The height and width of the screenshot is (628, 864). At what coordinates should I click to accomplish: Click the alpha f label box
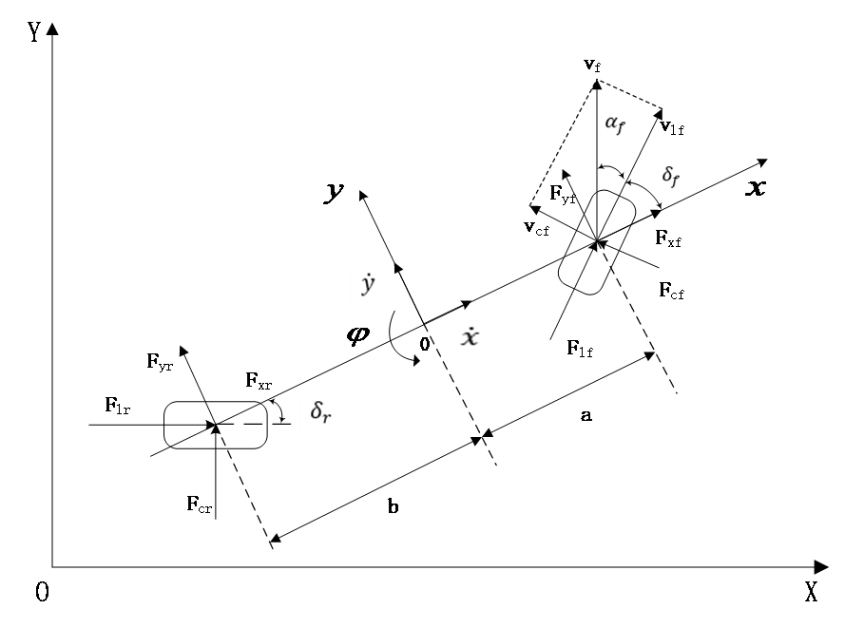617,124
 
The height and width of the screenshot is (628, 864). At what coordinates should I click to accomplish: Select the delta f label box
671,175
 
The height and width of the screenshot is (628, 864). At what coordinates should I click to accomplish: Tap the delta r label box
319,412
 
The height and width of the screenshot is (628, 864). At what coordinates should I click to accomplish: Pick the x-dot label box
470,337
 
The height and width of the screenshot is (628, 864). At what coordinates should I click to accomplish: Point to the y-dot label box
372,288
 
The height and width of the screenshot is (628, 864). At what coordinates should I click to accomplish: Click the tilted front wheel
596,242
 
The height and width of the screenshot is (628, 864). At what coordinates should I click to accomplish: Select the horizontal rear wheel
215,425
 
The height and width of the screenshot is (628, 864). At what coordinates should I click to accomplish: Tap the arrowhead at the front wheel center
600,245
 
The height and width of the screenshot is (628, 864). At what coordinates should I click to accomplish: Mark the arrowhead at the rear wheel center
216,429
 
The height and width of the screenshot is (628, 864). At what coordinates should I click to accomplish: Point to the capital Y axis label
34,29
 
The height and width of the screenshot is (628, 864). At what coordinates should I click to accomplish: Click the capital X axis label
811,593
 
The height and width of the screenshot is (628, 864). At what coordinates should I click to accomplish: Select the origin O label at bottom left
42,594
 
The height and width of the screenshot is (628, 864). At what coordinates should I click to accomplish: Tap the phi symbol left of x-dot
358,334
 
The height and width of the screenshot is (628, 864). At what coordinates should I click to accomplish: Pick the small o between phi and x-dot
424,344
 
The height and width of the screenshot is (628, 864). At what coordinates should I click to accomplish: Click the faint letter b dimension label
393,506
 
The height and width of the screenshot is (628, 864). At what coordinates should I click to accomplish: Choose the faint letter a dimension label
586,415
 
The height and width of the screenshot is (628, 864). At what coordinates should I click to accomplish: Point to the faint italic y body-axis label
332,194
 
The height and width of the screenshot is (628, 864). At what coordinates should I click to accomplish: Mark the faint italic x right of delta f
756,188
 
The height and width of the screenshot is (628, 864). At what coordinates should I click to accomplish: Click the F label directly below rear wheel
193,504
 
